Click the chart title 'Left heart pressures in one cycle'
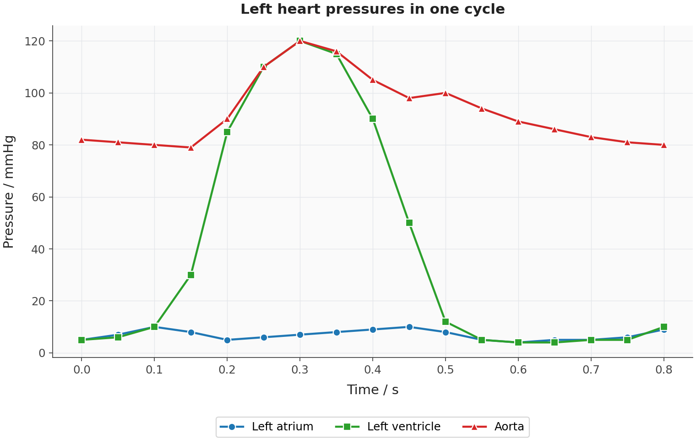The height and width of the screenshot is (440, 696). pos(373,9)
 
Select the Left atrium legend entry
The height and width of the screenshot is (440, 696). pos(266,427)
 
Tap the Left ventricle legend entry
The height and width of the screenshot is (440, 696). pos(388,427)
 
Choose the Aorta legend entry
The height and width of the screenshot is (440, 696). pos(493,427)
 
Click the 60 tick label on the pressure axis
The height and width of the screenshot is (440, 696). pos(38,197)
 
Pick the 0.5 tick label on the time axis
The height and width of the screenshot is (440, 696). pos(446,370)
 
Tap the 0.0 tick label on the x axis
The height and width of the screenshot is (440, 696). pos(82,370)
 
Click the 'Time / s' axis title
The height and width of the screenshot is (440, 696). pos(373,390)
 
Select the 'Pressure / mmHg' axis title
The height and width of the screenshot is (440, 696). pos(9,192)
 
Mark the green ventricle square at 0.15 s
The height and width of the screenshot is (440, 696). pos(191,275)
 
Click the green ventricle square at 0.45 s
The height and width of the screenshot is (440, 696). pos(409,223)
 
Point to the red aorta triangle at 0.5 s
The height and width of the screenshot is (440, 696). pos(446,93)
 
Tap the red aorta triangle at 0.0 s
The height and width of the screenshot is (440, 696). pos(82,140)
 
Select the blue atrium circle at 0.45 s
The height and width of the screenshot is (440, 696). pos(409,327)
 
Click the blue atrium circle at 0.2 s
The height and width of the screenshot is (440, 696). pos(227,340)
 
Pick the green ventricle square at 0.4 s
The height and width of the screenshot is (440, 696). pos(373,119)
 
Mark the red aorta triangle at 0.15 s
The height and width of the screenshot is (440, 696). pos(191,148)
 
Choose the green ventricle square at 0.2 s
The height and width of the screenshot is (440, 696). pos(227,132)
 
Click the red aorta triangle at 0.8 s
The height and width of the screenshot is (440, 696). pos(664,145)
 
